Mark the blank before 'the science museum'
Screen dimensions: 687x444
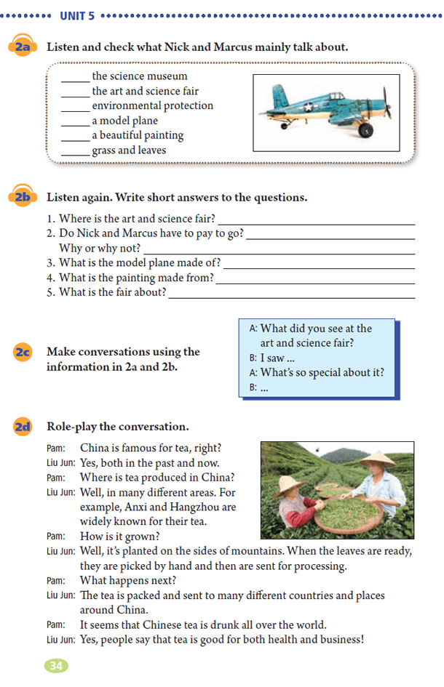coord(75,77)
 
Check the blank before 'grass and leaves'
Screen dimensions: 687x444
coord(75,152)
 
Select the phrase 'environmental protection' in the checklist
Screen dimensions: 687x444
coord(152,106)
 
